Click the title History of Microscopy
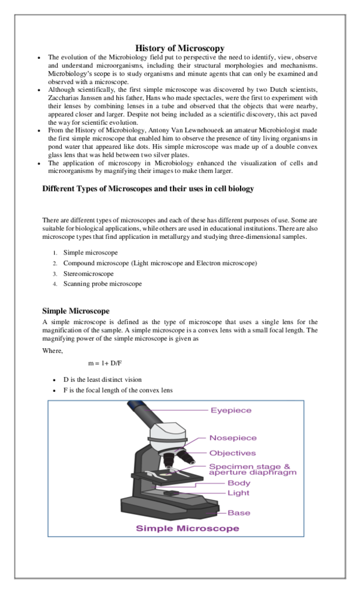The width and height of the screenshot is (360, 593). pyautogui.click(x=179, y=47)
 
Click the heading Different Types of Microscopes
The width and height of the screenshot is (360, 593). pyautogui.click(x=148, y=188)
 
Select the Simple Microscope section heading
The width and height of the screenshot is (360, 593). pyautogui.click(x=76, y=311)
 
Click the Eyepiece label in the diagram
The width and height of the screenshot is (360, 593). pyautogui.click(x=231, y=411)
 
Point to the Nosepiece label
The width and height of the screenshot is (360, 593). pyautogui.click(x=233, y=438)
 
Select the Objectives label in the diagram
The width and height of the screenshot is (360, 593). pyautogui.click(x=232, y=453)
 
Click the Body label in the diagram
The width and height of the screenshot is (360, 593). pyautogui.click(x=239, y=483)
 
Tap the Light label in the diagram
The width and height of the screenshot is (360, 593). pyautogui.click(x=238, y=493)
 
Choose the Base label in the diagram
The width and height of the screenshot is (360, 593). pyautogui.click(x=239, y=513)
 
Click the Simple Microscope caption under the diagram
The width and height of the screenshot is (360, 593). pyautogui.click(x=187, y=529)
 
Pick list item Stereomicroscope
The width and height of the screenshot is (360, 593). pyautogui.click(x=88, y=274)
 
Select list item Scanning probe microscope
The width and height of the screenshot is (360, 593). pyautogui.click(x=103, y=284)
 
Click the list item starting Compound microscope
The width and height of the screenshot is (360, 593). pyautogui.click(x=160, y=263)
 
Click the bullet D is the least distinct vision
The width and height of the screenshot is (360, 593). pyautogui.click(x=111, y=380)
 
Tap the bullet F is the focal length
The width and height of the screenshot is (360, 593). pyautogui.click(x=118, y=390)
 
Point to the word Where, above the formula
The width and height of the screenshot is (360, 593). pyautogui.click(x=52, y=351)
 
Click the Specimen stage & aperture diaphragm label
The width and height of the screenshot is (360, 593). pyautogui.click(x=252, y=469)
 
